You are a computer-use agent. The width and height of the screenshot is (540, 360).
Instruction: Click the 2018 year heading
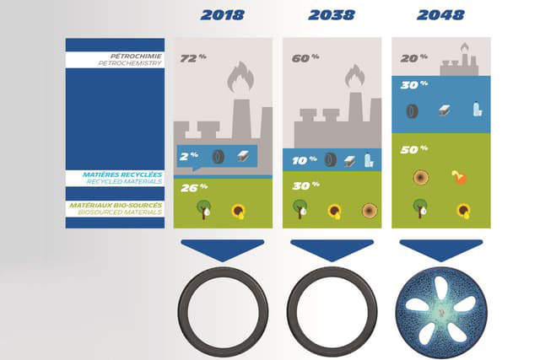coord(223,15)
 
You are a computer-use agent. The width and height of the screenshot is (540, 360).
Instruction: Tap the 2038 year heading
coord(332,15)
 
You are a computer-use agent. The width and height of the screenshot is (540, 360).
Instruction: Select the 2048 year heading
coord(440,15)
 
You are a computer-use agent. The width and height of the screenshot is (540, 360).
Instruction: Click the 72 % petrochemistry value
coord(193,58)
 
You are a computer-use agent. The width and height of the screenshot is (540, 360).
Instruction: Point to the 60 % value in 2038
coord(305,58)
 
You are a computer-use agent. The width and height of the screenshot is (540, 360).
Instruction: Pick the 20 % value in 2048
coord(414,58)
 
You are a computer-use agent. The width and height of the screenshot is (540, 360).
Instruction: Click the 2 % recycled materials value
coord(189,156)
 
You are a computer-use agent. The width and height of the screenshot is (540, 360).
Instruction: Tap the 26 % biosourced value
coord(194,187)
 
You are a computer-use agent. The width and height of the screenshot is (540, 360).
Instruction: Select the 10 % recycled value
coord(304,160)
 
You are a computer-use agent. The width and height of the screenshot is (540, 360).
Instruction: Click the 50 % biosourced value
coord(414,149)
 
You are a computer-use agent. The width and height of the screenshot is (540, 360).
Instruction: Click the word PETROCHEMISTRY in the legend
coord(130,63)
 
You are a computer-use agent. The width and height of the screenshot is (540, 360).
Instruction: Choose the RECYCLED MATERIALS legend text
coord(124,181)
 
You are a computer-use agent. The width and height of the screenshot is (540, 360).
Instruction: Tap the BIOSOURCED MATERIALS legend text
coord(120,212)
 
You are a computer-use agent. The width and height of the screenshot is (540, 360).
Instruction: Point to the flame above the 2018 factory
coord(240,77)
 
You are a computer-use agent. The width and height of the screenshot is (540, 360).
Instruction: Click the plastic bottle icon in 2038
coord(369,159)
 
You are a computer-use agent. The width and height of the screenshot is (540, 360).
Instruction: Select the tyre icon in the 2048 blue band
coord(413,111)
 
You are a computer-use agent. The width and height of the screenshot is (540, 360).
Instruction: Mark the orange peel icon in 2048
coord(459,177)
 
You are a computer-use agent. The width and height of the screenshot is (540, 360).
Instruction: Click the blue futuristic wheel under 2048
coord(441,313)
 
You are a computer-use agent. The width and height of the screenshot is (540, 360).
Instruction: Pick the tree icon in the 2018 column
coord(203,209)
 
